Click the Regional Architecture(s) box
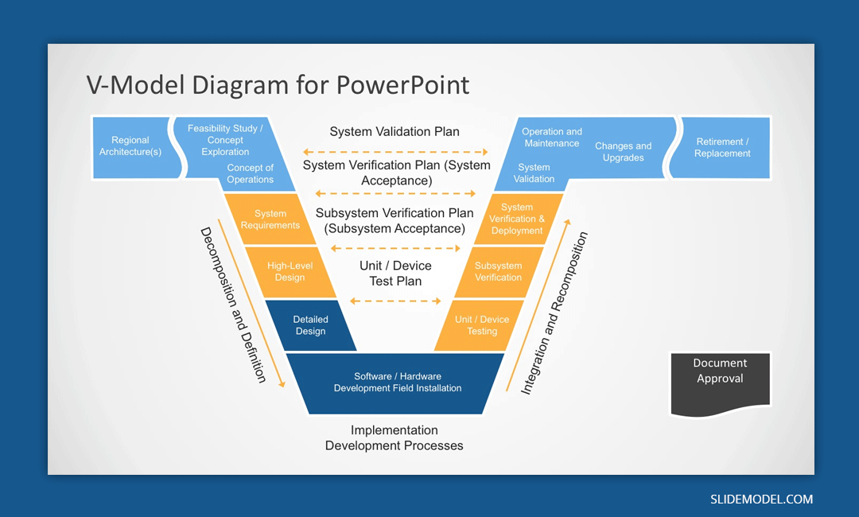click(x=130, y=146)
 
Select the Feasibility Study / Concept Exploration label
click(x=225, y=140)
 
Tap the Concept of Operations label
click(x=250, y=173)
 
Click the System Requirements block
click(x=270, y=220)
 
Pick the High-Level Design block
click(x=290, y=272)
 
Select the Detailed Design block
click(x=311, y=325)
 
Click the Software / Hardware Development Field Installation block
click(x=397, y=383)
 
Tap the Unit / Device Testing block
click(x=482, y=325)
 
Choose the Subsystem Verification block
click(x=499, y=272)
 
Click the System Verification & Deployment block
click(x=517, y=219)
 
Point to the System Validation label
click(x=534, y=173)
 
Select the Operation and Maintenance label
click(x=552, y=138)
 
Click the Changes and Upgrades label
click(x=623, y=152)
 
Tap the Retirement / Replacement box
click(x=722, y=148)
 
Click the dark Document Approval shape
click(x=720, y=380)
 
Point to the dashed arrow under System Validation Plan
click(x=395, y=151)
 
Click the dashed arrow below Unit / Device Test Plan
click(x=395, y=301)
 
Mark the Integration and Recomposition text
click(x=554, y=313)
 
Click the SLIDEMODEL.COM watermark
click(x=761, y=500)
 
